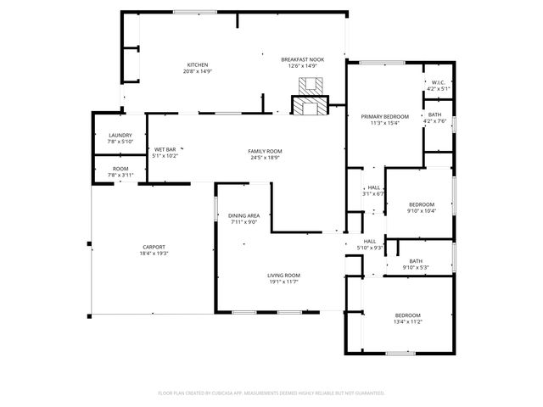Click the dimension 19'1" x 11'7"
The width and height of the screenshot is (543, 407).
(284, 283)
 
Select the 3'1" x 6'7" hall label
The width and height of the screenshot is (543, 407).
(373, 191)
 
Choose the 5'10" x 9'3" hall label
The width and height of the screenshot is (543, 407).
(370, 244)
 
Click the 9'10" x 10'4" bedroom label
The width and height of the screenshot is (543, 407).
(422, 208)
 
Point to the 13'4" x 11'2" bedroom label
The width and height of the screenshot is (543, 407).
(407, 319)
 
